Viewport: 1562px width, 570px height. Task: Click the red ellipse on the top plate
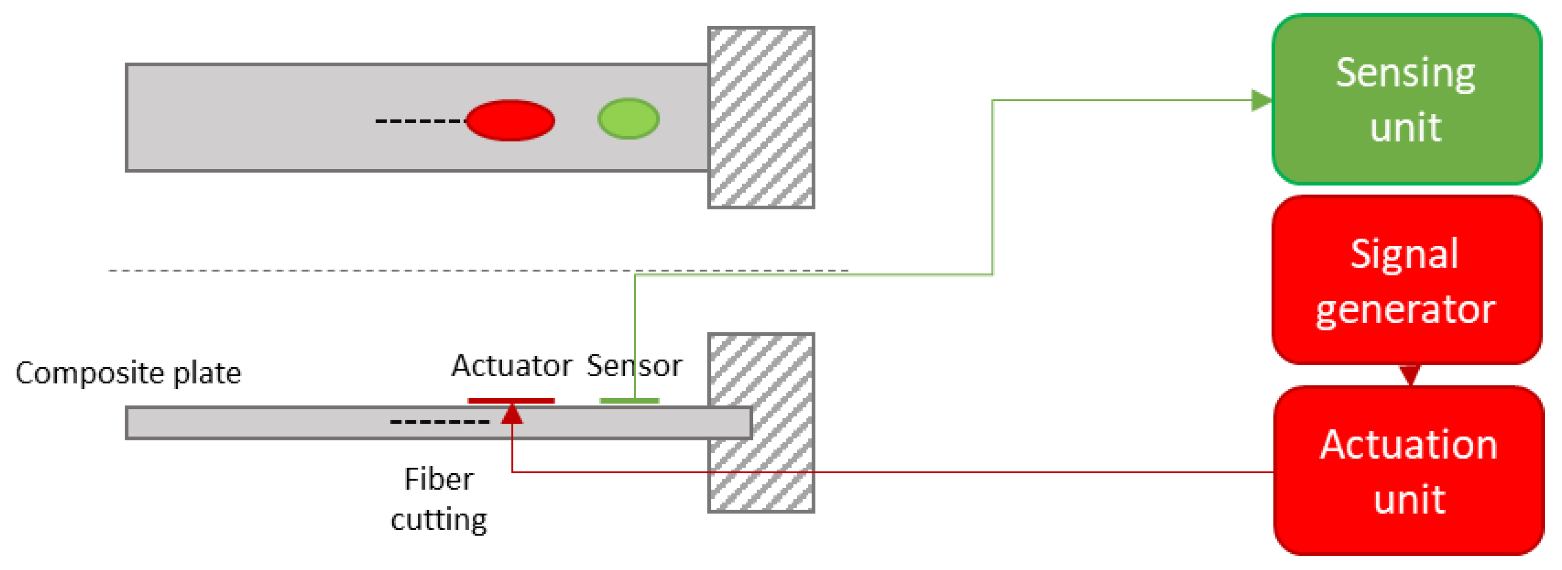pyautogui.click(x=510, y=120)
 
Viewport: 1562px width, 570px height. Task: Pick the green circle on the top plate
pyautogui.click(x=628, y=119)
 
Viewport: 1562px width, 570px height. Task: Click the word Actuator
pyautogui.click(x=511, y=366)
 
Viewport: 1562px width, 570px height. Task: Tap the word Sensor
pyautogui.click(x=634, y=366)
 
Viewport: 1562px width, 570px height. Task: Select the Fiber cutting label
pyautogui.click(x=438, y=499)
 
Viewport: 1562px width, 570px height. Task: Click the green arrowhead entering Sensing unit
pyautogui.click(x=1261, y=101)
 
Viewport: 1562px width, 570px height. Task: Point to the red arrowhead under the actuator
pyautogui.click(x=512, y=414)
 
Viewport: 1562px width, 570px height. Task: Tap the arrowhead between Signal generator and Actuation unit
pyautogui.click(x=1410, y=375)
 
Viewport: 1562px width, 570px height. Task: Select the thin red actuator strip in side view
pyautogui.click(x=511, y=400)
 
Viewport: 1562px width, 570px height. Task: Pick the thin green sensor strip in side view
pyautogui.click(x=629, y=400)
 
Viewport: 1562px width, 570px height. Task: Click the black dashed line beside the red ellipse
pyautogui.click(x=420, y=121)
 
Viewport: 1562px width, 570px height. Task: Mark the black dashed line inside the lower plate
pyautogui.click(x=440, y=421)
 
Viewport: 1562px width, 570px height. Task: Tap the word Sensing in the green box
pyautogui.click(x=1405, y=73)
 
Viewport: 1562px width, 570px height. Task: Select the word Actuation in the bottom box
pyautogui.click(x=1408, y=444)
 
